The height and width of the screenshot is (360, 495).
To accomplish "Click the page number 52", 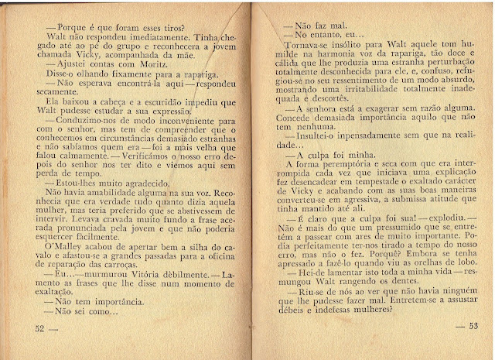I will click(x=42, y=327).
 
